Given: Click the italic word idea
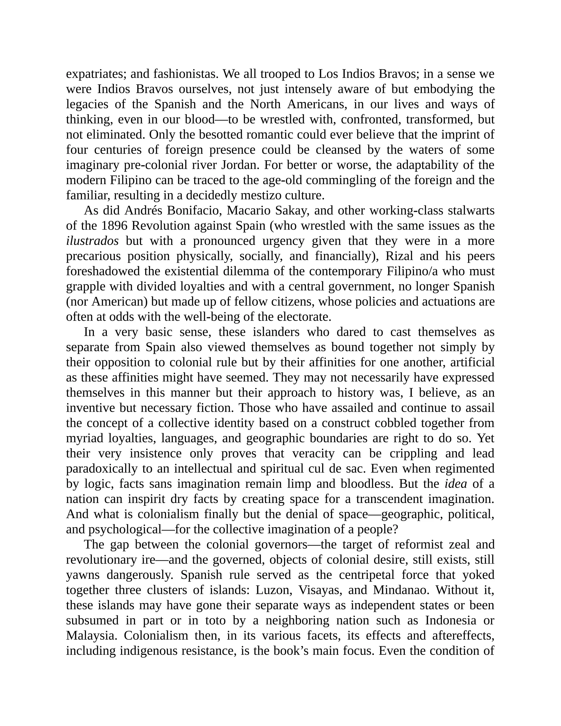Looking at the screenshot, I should tap(456, 484).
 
